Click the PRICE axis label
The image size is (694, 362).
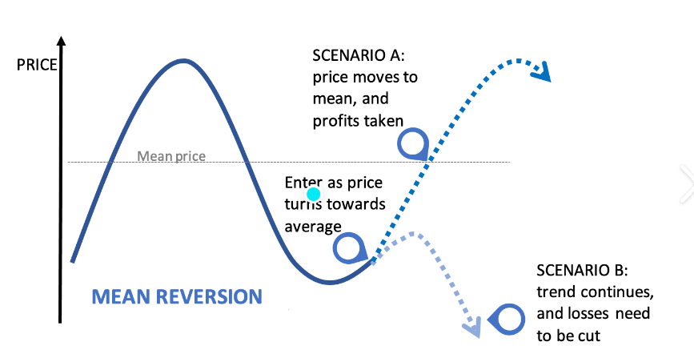tap(37, 65)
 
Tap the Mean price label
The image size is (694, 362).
tap(171, 156)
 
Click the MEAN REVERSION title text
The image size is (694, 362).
tap(177, 296)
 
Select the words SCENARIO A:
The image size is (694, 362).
tap(359, 55)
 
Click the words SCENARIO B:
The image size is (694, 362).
tap(582, 270)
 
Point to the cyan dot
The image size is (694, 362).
tap(313, 194)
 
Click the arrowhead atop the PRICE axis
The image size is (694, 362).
tap(62, 41)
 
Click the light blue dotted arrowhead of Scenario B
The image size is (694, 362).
tap(472, 328)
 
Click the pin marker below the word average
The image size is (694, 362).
tap(349, 247)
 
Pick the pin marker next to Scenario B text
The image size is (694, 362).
tap(507, 319)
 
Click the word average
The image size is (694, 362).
tap(313, 227)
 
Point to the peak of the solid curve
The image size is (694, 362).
tap(183, 61)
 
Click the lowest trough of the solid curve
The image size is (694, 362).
tap(330, 282)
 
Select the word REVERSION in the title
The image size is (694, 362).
tap(209, 296)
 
